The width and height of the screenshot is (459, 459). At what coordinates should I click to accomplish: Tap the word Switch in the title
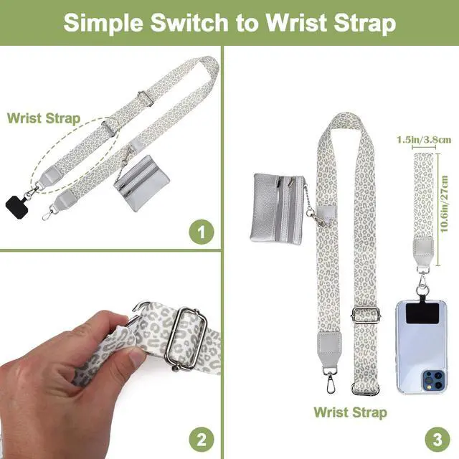coord(189,22)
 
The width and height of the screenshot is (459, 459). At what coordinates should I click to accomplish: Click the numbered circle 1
coord(202,232)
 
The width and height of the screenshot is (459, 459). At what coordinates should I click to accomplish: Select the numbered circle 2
coord(202,440)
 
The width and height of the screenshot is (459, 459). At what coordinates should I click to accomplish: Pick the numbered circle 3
coord(437,440)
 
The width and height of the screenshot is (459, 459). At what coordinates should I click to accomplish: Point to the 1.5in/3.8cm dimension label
coord(424,140)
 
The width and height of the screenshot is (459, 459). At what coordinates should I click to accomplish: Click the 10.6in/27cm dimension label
coord(444,204)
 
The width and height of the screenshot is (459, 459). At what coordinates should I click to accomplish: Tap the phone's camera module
coord(433,380)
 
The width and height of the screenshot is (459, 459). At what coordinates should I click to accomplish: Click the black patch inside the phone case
coord(422,313)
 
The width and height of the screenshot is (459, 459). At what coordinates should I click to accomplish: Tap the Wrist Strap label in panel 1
coord(44,118)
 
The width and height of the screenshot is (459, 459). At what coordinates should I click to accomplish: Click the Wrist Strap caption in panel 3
coord(351,412)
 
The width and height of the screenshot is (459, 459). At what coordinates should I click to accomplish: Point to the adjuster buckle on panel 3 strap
coord(366,313)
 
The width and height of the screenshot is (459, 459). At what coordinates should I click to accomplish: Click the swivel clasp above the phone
coord(422,283)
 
